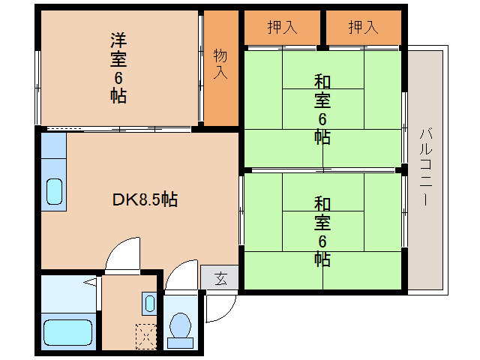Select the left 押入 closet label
tap(282, 28)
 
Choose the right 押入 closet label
tap(363, 28)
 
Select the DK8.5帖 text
tap(145, 199)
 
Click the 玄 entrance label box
tap(220, 279)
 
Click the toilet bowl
tap(180, 325)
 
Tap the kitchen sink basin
tap(54, 192)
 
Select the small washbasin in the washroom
tap(149, 304)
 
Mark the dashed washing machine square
tap(147, 335)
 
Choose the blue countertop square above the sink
tap(53, 147)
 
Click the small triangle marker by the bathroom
tap(91, 283)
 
